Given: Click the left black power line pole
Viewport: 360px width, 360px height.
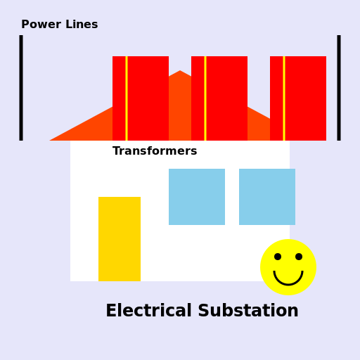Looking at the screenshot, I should pyautogui.click(x=21, y=88).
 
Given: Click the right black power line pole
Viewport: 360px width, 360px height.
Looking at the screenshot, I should pyautogui.click(x=339, y=88).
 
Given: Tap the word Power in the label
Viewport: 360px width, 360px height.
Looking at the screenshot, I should pyautogui.click(x=41, y=25).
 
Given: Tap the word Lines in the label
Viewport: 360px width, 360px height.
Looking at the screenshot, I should pyautogui.click(x=81, y=25).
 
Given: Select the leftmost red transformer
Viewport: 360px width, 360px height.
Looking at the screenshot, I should pyautogui.click(x=148, y=98).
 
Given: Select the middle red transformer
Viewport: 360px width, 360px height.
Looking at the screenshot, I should pyautogui.click(x=226, y=98).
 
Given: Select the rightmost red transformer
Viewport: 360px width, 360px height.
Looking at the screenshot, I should pyautogui.click(x=305, y=98).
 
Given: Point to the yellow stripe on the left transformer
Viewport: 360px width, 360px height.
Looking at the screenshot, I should pyautogui.click(x=127, y=98).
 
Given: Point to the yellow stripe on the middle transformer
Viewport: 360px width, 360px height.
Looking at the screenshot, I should pyautogui.click(x=205, y=98).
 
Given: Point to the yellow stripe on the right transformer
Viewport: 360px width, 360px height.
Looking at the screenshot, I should pyautogui.click(x=284, y=98).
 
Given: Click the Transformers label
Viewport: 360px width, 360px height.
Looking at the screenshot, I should pyautogui.click(x=155, y=151).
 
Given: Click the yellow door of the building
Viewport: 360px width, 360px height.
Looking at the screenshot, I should pyautogui.click(x=120, y=239).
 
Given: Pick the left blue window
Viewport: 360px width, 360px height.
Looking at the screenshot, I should pyautogui.click(x=197, y=197).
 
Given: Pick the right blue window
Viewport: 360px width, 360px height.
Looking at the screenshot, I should pyautogui.click(x=267, y=197).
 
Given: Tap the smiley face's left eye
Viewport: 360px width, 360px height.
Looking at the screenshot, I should pyautogui.click(x=278, y=257).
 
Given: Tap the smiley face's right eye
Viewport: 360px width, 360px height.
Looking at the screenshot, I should pyautogui.click(x=299, y=257).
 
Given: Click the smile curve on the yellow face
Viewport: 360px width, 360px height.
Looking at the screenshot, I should pyautogui.click(x=288, y=283).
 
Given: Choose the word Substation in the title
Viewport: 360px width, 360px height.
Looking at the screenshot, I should pyautogui.click(x=251, y=311).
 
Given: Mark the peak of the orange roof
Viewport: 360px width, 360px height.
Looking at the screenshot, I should pyautogui.click(x=180, y=72).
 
